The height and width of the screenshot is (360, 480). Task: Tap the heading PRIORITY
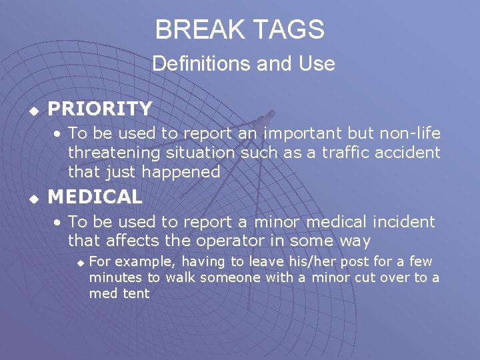[x=100, y=108]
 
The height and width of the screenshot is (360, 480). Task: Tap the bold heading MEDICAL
[x=95, y=197]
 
